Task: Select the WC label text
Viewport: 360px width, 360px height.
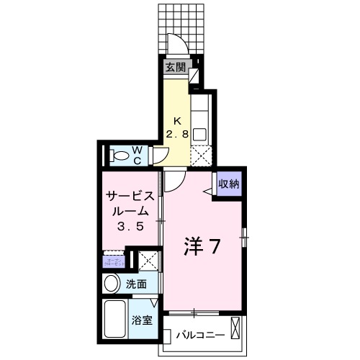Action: click(137, 156)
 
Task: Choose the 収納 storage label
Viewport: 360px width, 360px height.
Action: click(228, 184)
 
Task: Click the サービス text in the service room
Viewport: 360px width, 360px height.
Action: click(130, 196)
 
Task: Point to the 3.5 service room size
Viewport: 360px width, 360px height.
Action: click(130, 226)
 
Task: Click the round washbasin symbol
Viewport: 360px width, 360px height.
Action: click(112, 284)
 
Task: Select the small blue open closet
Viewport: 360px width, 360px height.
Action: click(113, 258)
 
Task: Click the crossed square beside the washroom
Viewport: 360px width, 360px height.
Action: click(148, 259)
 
